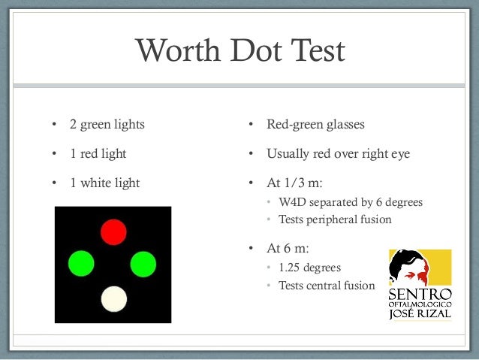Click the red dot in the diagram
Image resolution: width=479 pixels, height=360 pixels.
[113, 232]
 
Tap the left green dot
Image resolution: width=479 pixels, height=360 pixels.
[81, 264]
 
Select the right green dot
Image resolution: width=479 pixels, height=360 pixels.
[143, 264]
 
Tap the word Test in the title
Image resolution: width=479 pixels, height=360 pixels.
[315, 51]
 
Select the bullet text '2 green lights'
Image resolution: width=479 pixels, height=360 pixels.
[107, 124]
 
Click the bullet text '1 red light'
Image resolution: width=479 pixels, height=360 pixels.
[98, 154]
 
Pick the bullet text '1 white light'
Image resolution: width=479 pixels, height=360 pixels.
[104, 183]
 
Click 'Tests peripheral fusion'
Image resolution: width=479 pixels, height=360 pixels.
[335, 220]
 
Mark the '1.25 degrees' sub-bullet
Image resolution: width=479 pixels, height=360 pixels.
[309, 268]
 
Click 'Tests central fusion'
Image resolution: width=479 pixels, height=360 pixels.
[326, 286]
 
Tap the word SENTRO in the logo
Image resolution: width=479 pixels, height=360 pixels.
[420, 292]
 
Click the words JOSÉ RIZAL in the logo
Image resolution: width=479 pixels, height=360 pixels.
[420, 314]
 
